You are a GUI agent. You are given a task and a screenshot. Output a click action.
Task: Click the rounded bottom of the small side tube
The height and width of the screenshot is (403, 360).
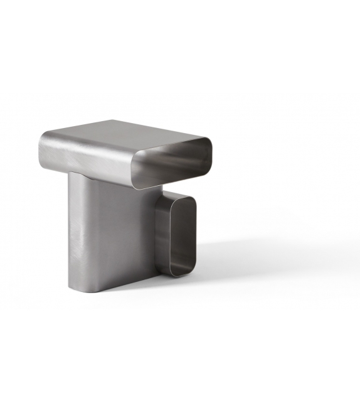(177, 273)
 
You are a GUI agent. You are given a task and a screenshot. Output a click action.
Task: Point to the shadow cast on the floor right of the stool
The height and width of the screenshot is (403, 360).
(251, 264)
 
